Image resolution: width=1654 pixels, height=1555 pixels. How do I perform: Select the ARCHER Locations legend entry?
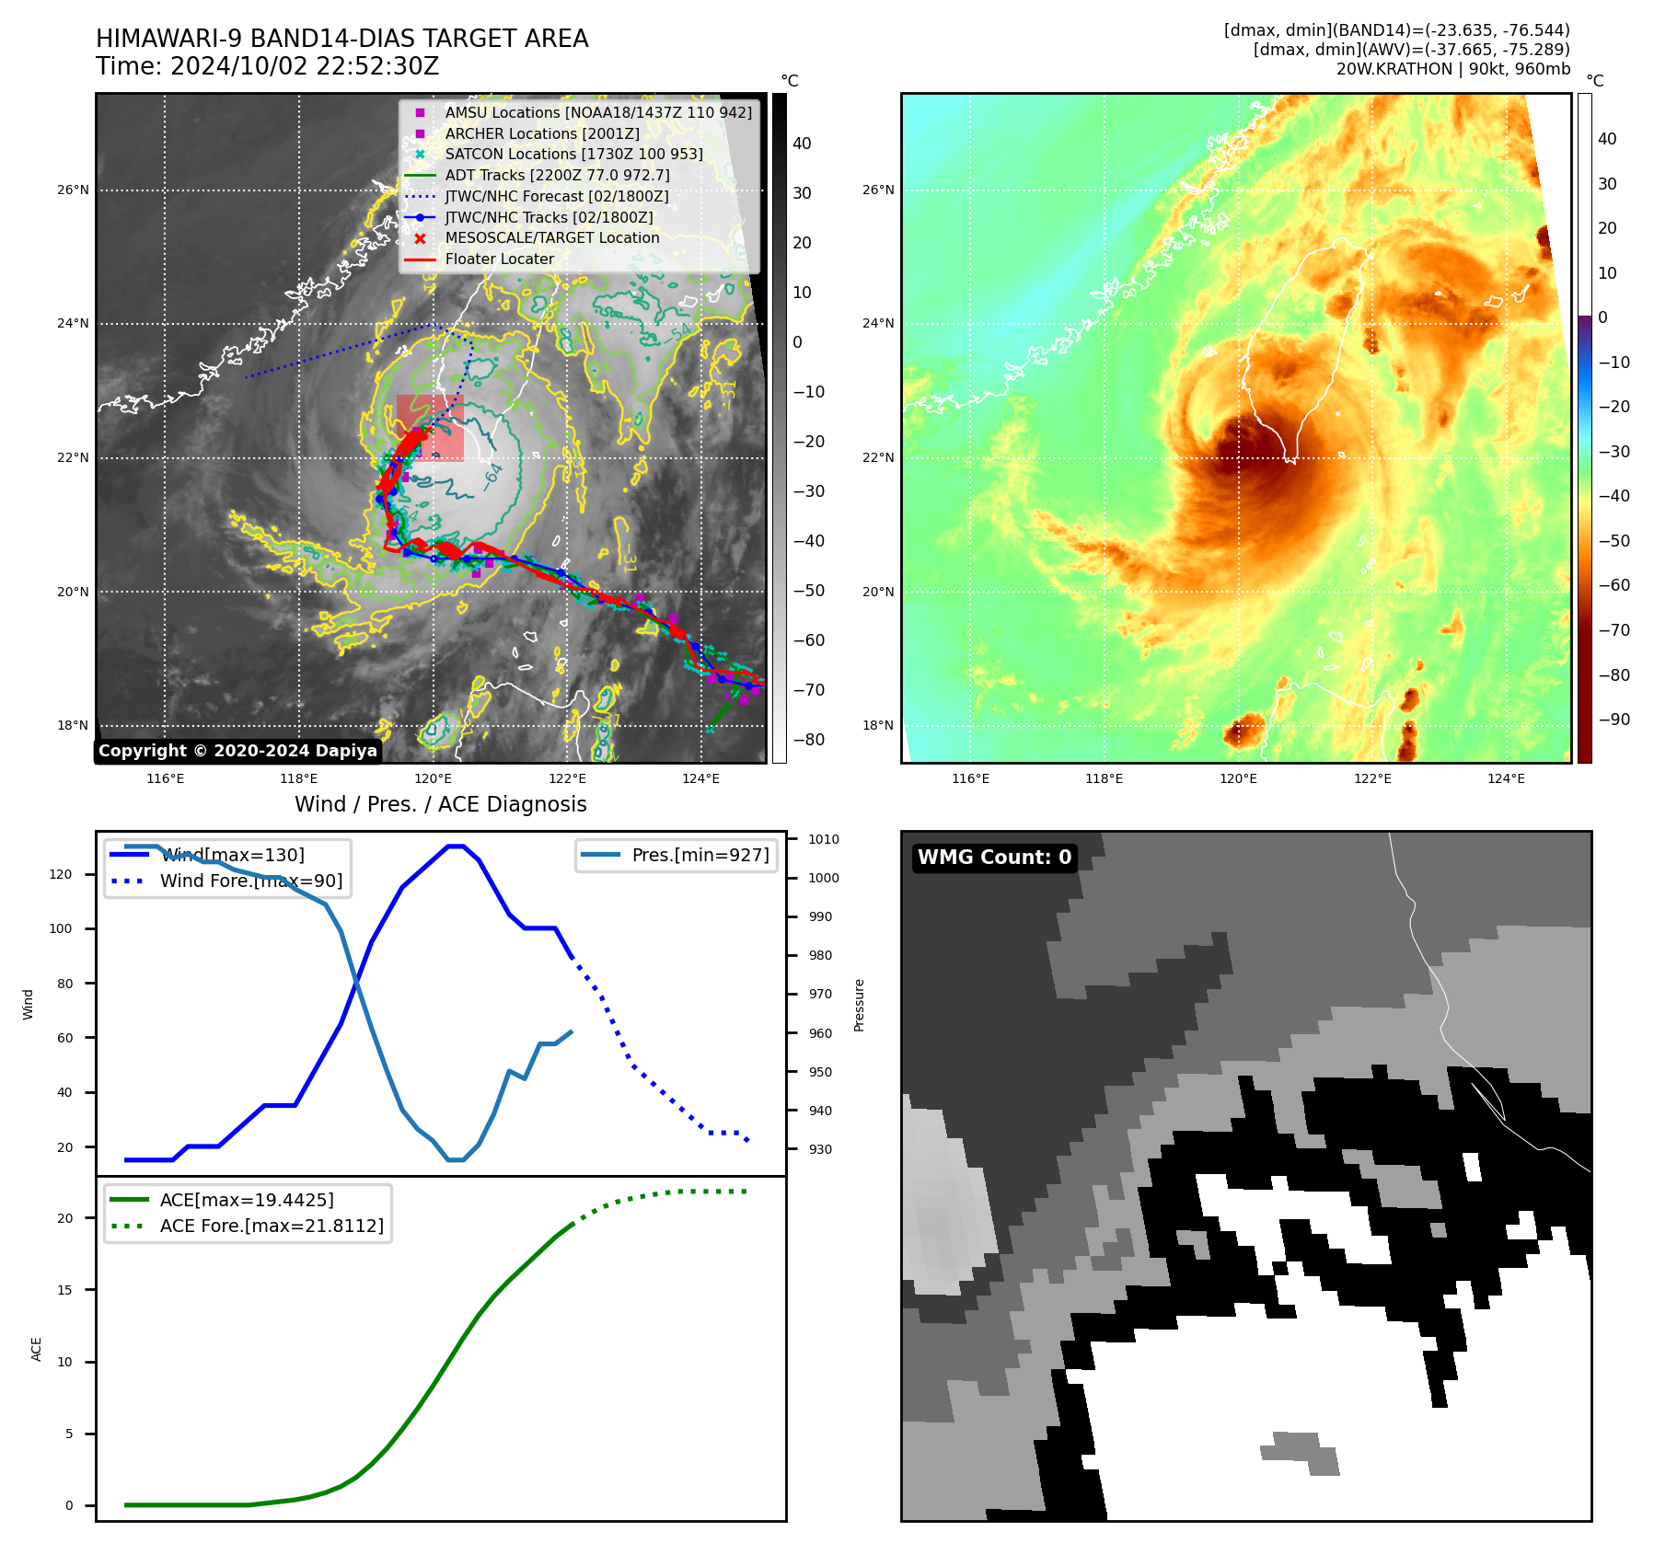click(x=542, y=133)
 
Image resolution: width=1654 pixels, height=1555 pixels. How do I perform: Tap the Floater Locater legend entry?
click(x=499, y=259)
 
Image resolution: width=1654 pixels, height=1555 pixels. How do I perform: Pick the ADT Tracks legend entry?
click(x=557, y=175)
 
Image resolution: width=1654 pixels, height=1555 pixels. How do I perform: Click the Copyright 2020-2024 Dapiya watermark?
click(x=237, y=751)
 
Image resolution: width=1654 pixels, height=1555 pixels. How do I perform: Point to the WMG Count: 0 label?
click(x=994, y=858)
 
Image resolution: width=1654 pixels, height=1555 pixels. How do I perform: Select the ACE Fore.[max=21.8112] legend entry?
click(x=272, y=1226)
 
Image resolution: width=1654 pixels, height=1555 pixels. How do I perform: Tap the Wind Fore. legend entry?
click(x=250, y=881)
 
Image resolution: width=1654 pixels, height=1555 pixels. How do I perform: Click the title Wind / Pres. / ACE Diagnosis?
click(x=440, y=804)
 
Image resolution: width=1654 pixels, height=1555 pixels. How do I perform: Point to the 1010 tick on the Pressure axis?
click(x=823, y=839)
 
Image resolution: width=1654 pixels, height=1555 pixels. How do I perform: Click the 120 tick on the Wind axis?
click(x=61, y=874)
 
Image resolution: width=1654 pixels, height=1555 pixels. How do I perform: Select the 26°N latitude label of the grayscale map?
click(x=73, y=190)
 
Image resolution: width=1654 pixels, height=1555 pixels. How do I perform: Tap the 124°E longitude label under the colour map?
click(x=1506, y=778)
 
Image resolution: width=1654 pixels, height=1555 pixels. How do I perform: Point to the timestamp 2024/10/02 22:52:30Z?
click(x=305, y=67)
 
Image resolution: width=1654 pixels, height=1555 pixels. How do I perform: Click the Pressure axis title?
click(x=859, y=1005)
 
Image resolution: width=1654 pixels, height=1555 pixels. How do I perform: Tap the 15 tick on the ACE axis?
click(x=64, y=1290)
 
